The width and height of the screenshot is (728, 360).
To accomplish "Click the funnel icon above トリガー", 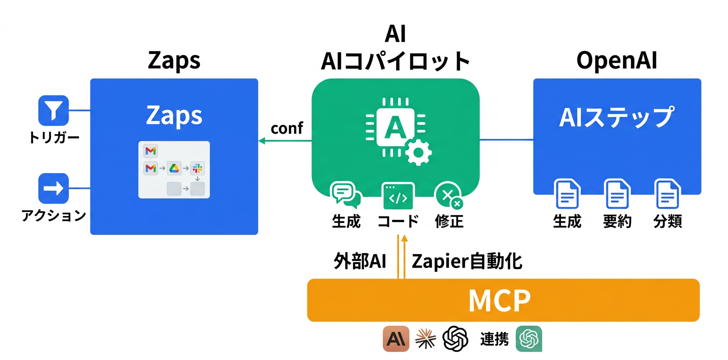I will [53, 110].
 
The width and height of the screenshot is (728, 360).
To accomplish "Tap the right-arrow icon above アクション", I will [53, 188].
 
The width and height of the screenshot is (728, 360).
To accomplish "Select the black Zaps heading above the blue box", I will [174, 61].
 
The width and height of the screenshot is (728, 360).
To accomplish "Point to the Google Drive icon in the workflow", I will [173, 168].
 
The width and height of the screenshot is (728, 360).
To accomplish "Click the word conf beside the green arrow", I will [286, 128].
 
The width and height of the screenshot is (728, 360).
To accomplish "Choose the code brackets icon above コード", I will [397, 195].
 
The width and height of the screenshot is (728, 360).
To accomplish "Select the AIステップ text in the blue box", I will [616, 117].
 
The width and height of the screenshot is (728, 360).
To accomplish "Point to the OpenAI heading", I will [617, 61].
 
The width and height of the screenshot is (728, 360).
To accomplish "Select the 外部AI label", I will [359, 261].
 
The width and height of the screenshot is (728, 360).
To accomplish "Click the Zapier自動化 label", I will [466, 261].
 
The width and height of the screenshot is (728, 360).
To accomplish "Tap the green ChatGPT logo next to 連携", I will [529, 339].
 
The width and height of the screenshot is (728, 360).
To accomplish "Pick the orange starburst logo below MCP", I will [425, 339].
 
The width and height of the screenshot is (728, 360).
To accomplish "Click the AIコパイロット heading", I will [395, 61].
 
